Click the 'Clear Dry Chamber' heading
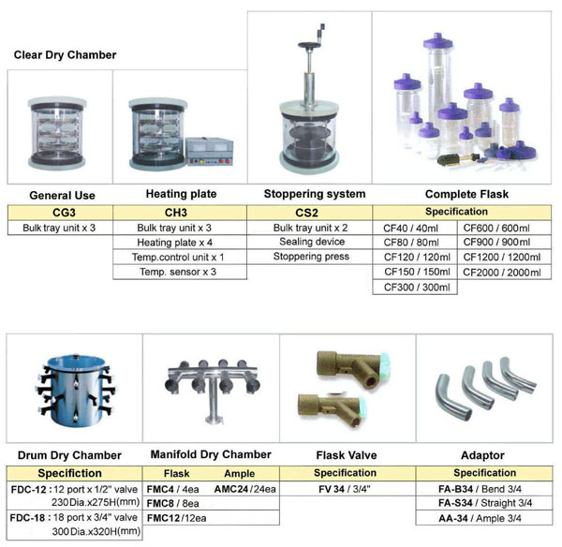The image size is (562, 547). tap(65, 55)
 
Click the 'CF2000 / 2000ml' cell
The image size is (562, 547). tap(502, 272)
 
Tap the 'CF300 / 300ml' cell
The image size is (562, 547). tap(417, 287)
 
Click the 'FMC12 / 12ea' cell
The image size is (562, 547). tap(178, 518)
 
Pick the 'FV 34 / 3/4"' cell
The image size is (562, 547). tap(345, 488)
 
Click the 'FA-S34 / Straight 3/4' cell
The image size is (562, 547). tap(484, 503)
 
